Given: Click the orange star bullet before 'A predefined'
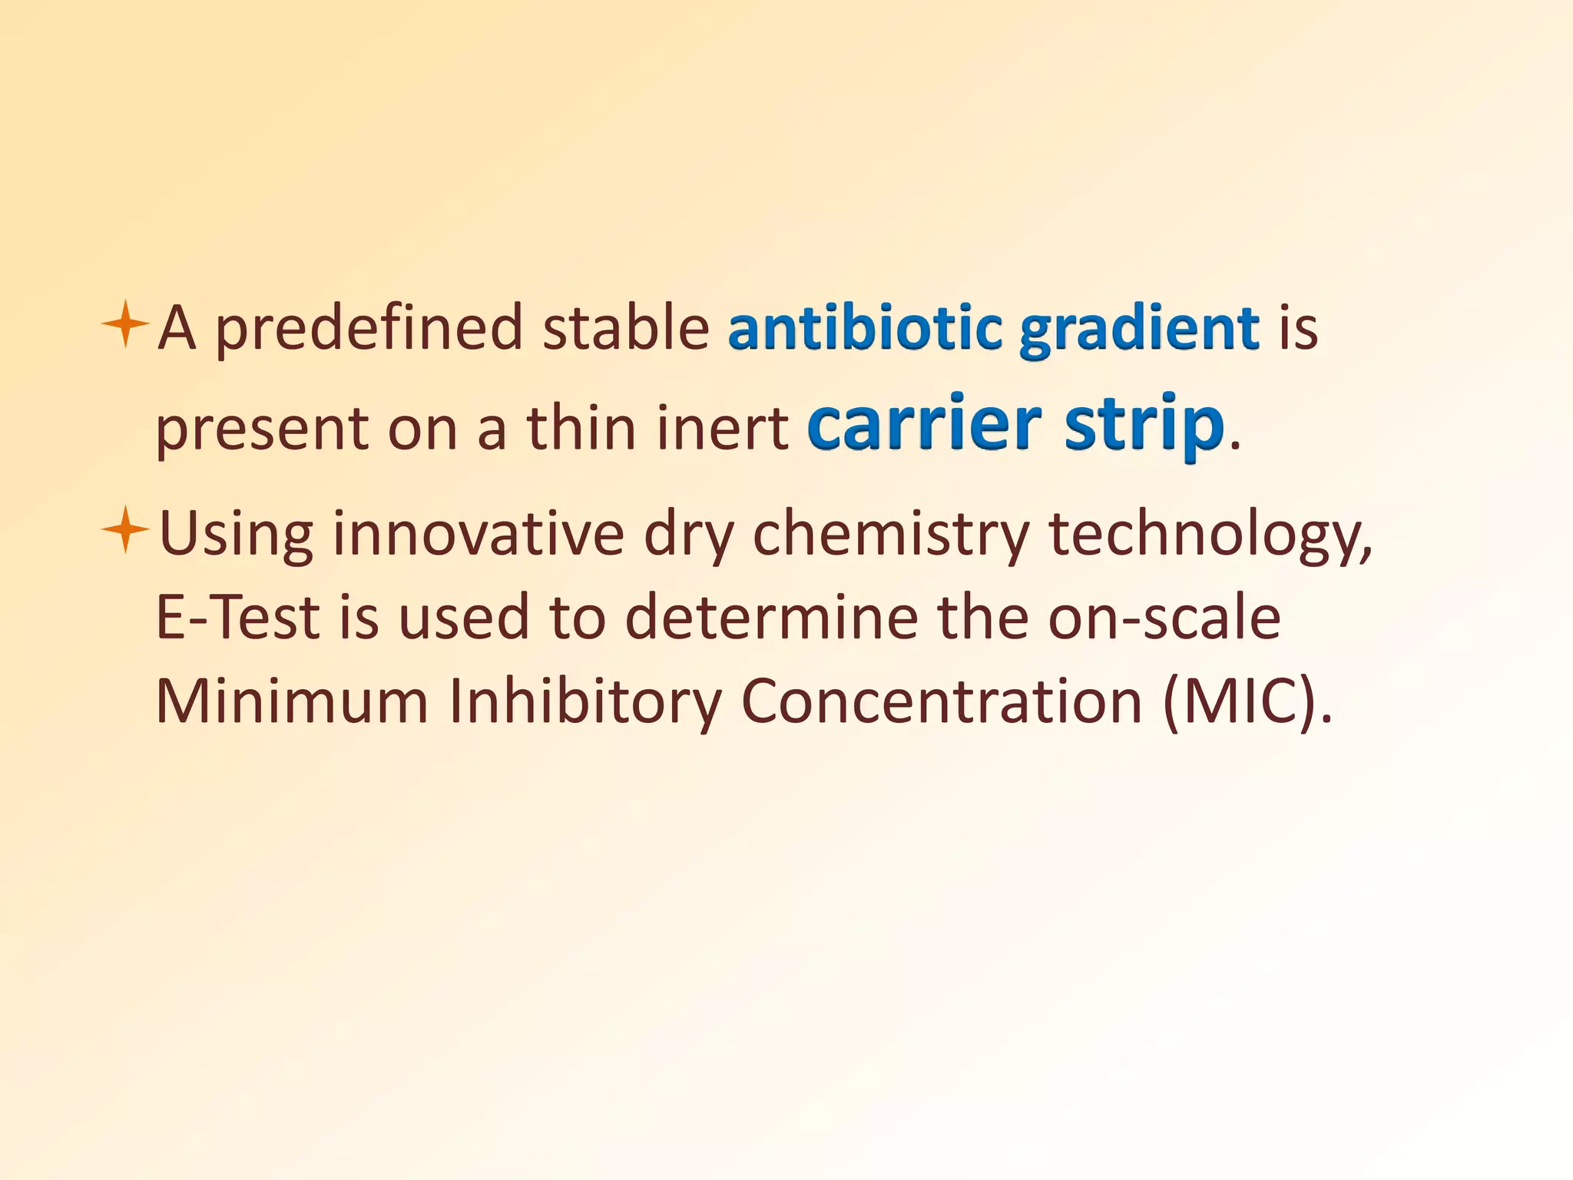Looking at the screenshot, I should coord(124,325).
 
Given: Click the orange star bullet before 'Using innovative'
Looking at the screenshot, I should coord(124,530).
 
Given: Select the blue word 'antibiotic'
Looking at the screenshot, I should coord(865,327).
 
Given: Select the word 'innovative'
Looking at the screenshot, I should coord(478,533).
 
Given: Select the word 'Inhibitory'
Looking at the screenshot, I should coord(584,702).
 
